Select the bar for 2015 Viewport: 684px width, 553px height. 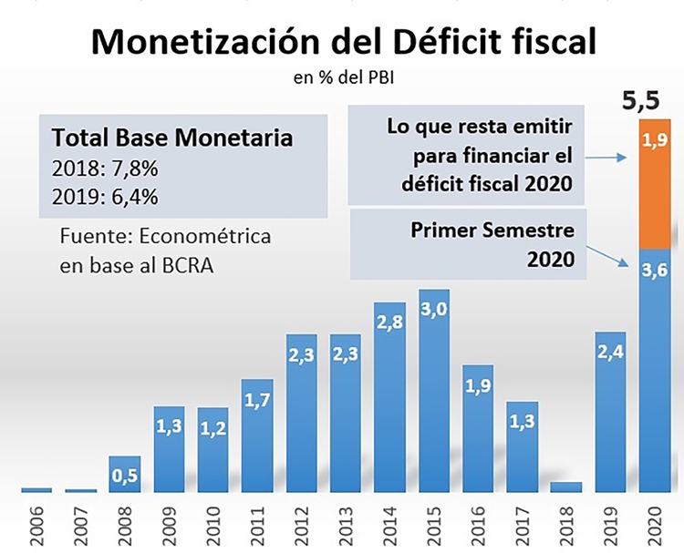click(434, 392)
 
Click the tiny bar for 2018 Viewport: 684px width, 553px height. click(566, 486)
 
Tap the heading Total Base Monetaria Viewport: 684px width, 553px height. click(172, 138)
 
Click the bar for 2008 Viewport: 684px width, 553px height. click(125, 474)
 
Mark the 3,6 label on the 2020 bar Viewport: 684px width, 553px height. click(653, 269)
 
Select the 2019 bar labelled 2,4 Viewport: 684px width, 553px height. click(611, 410)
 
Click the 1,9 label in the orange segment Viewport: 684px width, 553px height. click(653, 140)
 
